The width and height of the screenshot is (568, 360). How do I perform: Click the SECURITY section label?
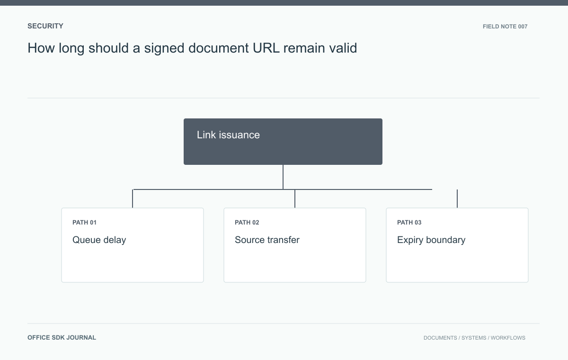45,26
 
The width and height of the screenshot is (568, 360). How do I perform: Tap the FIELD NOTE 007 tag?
505,27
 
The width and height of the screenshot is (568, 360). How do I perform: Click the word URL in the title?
266,48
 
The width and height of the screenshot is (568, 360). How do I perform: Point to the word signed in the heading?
164,48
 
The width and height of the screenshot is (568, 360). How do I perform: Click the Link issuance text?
228,135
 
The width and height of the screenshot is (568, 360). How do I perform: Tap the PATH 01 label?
84,223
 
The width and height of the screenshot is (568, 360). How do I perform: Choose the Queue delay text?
99,240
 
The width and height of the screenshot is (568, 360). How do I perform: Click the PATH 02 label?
247,223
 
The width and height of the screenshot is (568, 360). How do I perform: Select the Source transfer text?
267,240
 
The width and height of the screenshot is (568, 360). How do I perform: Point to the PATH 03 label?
409,223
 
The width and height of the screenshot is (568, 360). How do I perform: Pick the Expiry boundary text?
431,240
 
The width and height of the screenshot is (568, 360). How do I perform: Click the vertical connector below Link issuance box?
283,177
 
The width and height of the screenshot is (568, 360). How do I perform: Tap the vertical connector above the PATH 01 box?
133,198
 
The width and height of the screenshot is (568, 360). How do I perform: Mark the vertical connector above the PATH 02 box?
294,198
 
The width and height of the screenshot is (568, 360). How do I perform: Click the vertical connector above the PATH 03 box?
457,198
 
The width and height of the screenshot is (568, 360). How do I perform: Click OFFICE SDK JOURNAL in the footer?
62,338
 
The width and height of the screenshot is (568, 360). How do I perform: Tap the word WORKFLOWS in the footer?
508,338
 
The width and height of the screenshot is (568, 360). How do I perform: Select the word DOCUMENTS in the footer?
440,338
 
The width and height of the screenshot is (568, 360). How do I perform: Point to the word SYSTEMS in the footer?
474,338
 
